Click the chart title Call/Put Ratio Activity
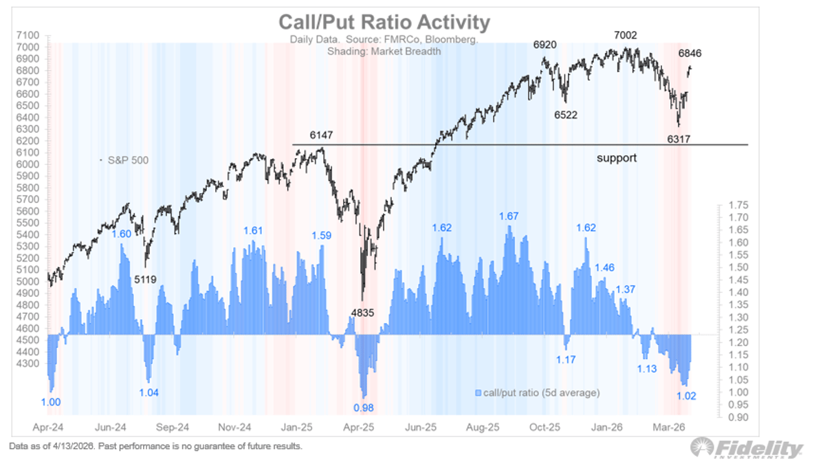pos(384,22)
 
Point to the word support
pos(616,157)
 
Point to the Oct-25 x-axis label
pos(544,426)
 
